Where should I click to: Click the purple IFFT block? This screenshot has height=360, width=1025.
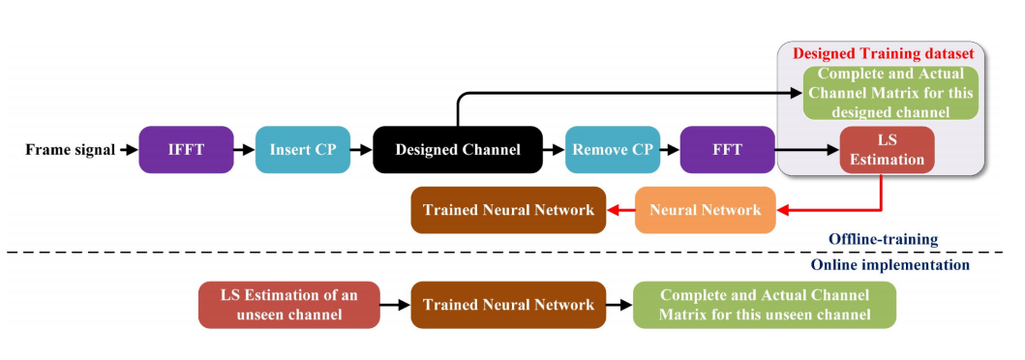(x=186, y=150)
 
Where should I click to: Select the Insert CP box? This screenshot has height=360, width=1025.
(x=302, y=150)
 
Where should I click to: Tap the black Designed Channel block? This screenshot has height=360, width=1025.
(x=457, y=150)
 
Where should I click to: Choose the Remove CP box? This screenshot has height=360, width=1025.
(x=614, y=150)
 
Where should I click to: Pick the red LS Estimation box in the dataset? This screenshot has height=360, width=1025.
(x=887, y=150)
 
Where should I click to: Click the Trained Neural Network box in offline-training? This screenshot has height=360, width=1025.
(x=508, y=210)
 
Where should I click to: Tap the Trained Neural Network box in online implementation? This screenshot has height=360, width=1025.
(x=508, y=305)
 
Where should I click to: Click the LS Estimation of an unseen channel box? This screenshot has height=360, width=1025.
(x=287, y=305)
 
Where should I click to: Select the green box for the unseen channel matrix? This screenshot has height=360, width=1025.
(x=764, y=305)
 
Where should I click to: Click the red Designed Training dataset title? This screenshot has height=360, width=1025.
(x=883, y=52)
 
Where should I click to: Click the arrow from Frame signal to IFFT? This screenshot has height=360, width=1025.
(x=127, y=150)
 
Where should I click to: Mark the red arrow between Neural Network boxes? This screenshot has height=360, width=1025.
(x=619, y=210)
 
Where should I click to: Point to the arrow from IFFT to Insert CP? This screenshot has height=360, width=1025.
(x=244, y=150)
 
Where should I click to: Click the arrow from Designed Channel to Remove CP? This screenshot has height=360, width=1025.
(x=553, y=150)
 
